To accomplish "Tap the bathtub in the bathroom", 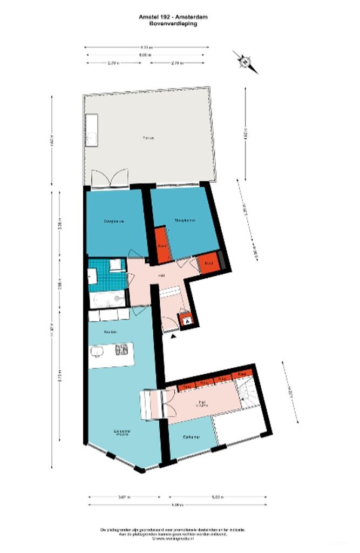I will [107, 300].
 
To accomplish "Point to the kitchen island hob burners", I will [121, 352].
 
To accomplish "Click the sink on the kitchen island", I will [98, 353].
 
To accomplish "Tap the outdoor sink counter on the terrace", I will [91, 130].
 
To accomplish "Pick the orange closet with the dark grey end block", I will [210, 263].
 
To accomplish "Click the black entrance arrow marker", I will [173, 336].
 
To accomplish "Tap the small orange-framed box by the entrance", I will [187, 319].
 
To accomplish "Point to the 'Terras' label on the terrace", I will [148, 138].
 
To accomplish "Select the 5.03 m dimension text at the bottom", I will [219, 497].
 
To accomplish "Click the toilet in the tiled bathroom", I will [116, 265].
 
